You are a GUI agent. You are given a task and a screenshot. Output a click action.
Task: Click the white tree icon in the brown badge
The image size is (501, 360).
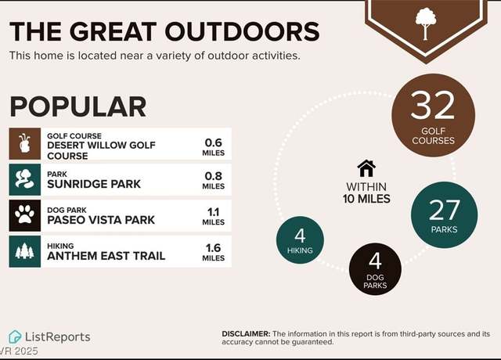(x=426, y=24)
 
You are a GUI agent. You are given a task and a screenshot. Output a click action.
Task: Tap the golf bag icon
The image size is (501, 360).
(x=24, y=143)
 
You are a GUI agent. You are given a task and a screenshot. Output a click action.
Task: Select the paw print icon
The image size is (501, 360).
(x=24, y=214)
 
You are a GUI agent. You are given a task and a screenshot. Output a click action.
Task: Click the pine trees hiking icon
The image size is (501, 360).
(x=24, y=250)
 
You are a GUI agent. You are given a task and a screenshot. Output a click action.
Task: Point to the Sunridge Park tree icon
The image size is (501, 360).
(x=23, y=179)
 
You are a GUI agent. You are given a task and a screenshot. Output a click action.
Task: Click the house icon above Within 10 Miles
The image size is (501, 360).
(x=366, y=168)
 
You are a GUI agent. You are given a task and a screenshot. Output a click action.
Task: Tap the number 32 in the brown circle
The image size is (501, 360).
(x=433, y=105)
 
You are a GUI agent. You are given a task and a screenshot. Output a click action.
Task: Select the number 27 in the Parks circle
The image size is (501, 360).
(x=445, y=210)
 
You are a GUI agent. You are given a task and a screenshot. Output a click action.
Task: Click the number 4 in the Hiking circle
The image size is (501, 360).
(x=300, y=236)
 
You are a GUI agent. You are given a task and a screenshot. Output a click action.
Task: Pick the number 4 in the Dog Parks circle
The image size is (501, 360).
(x=375, y=261)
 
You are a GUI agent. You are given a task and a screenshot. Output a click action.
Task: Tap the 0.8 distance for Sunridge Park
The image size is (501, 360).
(x=214, y=176)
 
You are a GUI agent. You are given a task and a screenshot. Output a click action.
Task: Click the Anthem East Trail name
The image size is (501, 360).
(x=106, y=256)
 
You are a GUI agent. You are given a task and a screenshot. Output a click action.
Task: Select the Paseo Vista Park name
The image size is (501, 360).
(x=101, y=220)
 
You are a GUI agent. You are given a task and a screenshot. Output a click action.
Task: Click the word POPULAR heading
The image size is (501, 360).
(x=78, y=107)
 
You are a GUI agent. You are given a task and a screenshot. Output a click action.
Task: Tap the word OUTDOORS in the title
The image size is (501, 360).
(x=242, y=31)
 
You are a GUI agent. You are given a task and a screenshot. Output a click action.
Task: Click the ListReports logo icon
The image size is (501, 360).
(x=15, y=337)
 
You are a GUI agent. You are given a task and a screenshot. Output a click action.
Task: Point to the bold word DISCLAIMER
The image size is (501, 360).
(x=246, y=334)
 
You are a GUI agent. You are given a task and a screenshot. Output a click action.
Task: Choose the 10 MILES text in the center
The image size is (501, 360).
(x=366, y=199)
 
